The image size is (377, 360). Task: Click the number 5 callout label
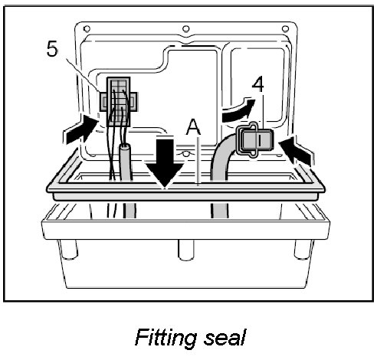point(52,48)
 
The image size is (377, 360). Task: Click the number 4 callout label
point(258,84)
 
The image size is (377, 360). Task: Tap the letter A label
point(193,127)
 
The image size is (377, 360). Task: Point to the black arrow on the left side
point(81,129)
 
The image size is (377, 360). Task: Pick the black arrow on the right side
point(297,151)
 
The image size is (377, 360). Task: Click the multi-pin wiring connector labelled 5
point(119,102)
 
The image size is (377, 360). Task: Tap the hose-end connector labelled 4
point(254,139)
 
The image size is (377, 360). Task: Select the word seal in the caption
point(225,337)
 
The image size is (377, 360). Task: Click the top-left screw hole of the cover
point(87,28)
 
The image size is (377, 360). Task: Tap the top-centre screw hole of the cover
point(186,28)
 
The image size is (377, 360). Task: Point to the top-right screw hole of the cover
point(285,28)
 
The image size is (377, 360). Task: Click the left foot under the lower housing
point(68,250)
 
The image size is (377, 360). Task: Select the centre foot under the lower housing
point(186,250)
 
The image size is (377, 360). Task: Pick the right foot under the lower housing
point(303,250)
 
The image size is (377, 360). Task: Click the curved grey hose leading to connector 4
point(223,163)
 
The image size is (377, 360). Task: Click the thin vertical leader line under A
point(198,161)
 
